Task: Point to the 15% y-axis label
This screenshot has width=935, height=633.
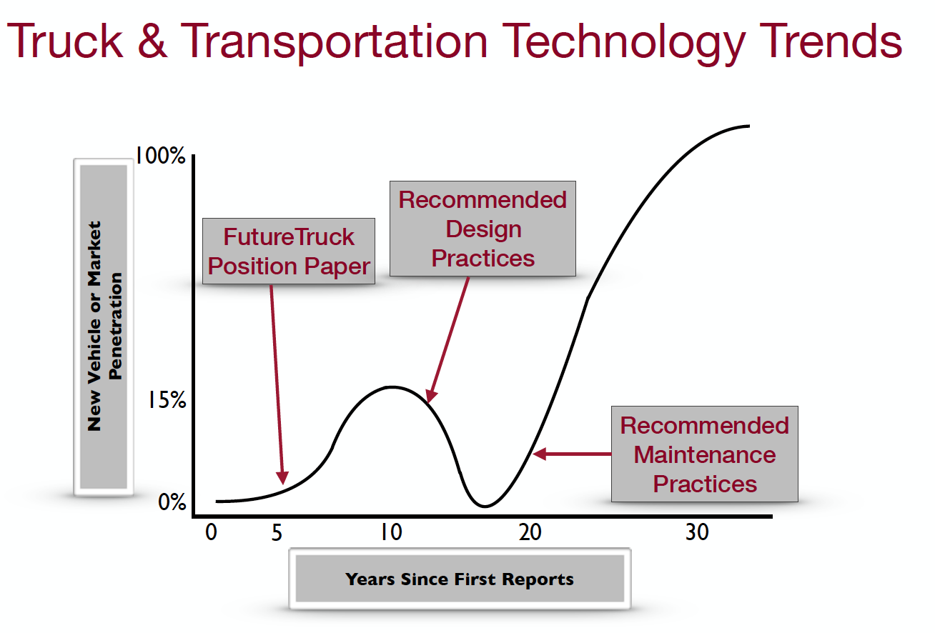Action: click(x=166, y=401)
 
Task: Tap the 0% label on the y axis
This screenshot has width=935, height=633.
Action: click(x=172, y=502)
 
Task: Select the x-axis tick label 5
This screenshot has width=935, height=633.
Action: click(x=277, y=533)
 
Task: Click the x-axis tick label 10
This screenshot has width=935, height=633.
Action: click(x=390, y=533)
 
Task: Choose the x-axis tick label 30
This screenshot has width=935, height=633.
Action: click(x=696, y=533)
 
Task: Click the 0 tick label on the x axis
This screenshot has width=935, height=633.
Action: click(x=211, y=533)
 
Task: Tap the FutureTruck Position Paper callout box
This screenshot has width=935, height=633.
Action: click(x=289, y=251)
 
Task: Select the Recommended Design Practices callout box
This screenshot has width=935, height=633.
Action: click(x=483, y=229)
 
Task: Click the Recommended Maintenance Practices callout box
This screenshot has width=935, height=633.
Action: click(x=704, y=454)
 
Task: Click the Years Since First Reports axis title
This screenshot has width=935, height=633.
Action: click(x=460, y=579)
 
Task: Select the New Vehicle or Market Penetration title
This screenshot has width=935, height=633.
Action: click(x=104, y=325)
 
